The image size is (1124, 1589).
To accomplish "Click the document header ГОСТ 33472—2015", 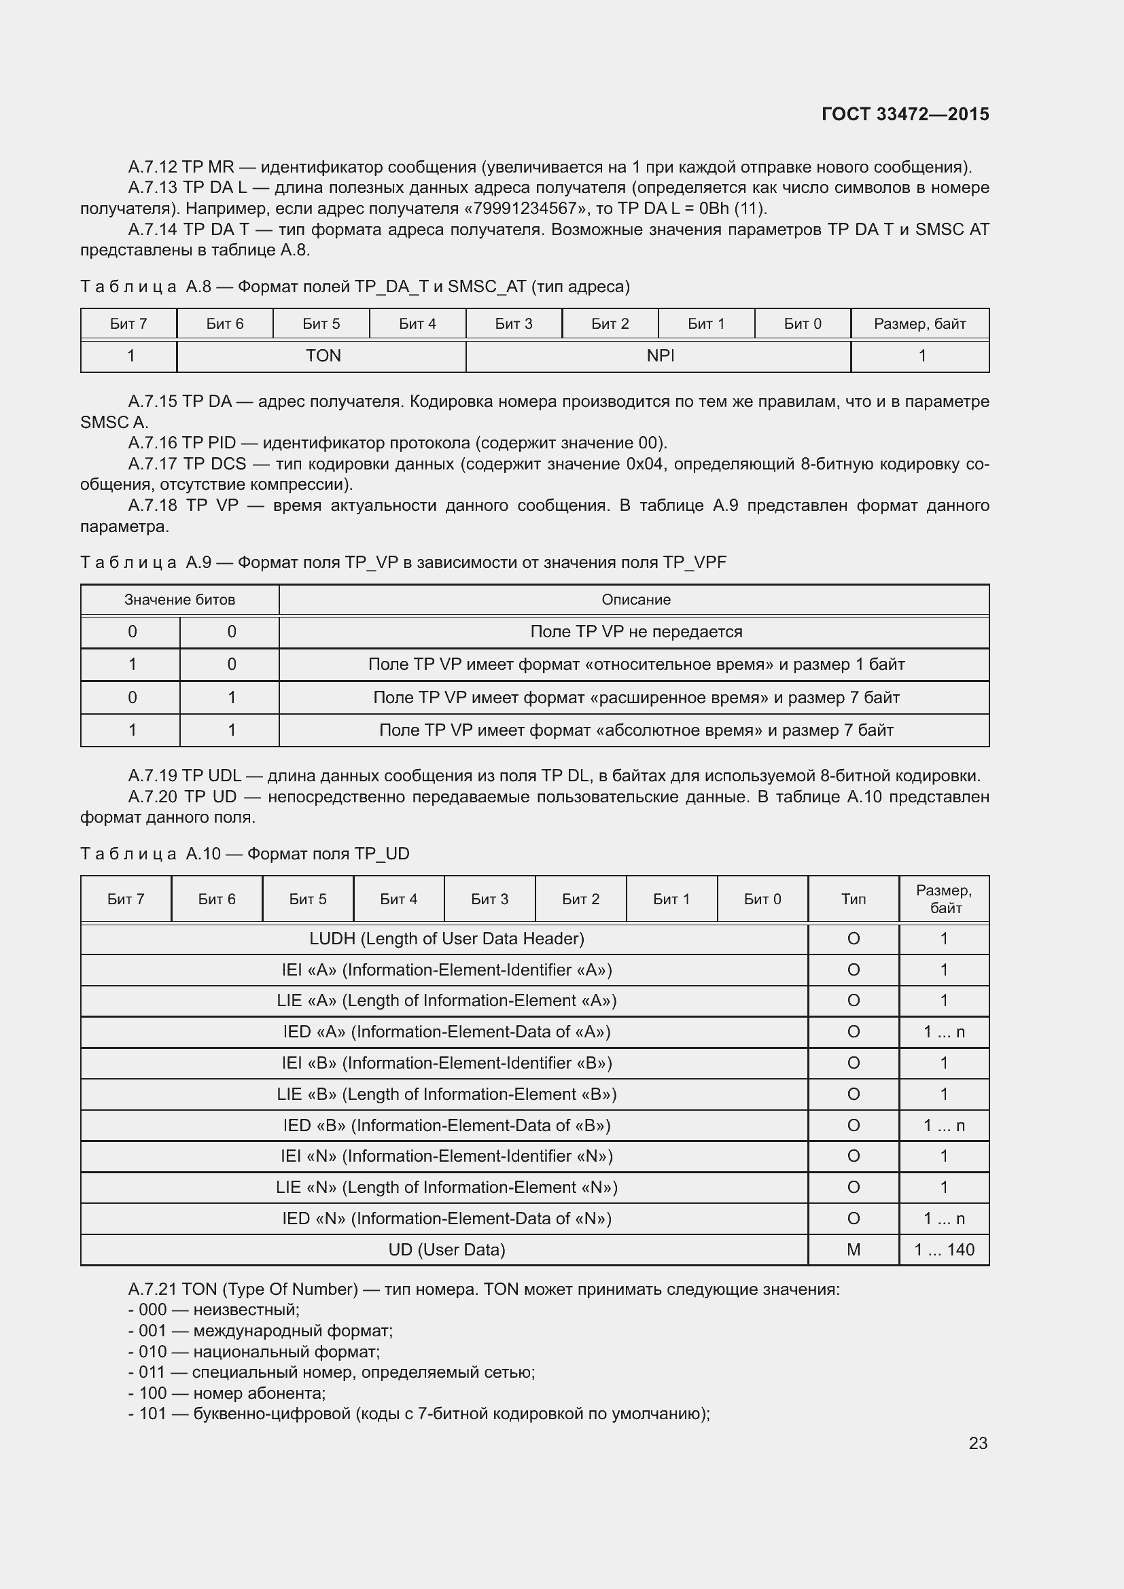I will pyautogui.click(x=905, y=114).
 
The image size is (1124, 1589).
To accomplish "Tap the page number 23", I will pyautogui.click(x=977, y=1443).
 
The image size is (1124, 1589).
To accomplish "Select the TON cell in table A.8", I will pyautogui.click(x=323, y=356).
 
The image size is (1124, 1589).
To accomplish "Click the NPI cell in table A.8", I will pyautogui.click(x=660, y=356).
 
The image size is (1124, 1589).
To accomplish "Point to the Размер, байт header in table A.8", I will pyautogui.click(x=919, y=324).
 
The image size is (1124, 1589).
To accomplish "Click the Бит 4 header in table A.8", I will pyautogui.click(x=417, y=324).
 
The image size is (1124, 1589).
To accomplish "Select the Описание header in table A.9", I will pyautogui.click(x=635, y=599).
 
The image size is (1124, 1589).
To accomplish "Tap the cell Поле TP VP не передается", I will pyautogui.click(x=635, y=632).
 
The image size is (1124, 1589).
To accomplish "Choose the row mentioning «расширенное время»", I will pyautogui.click(x=635, y=698).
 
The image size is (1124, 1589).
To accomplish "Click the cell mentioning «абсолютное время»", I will pyautogui.click(x=635, y=730).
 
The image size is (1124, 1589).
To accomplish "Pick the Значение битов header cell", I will pyautogui.click(x=179, y=599).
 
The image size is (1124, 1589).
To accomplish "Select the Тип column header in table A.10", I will pyautogui.click(x=853, y=899).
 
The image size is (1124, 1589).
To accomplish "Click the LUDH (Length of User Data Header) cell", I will pyautogui.click(x=446, y=938).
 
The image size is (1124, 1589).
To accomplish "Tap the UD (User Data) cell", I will pyautogui.click(x=446, y=1250).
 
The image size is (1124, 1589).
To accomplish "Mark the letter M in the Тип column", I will pyautogui.click(x=853, y=1250).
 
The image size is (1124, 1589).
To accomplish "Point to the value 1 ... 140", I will pyautogui.click(x=943, y=1250).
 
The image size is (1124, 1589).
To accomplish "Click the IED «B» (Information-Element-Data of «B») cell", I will pyautogui.click(x=446, y=1125).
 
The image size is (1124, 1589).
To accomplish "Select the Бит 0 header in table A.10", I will pyautogui.click(x=762, y=899).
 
